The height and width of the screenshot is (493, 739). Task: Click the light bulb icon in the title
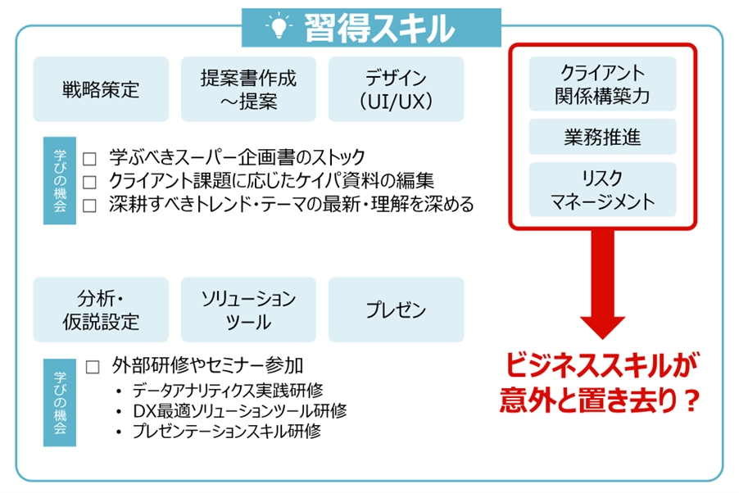click(x=279, y=28)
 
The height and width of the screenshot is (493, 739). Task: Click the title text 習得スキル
click(x=379, y=29)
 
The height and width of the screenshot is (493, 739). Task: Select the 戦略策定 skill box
click(x=101, y=89)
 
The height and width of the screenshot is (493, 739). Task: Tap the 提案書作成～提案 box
click(x=248, y=89)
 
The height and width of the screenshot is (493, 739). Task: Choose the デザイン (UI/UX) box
click(x=396, y=89)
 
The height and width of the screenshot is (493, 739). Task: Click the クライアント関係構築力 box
click(x=602, y=84)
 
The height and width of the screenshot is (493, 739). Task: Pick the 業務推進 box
click(x=602, y=137)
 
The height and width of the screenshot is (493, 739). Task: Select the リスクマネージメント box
click(x=602, y=189)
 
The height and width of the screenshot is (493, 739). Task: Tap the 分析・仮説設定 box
click(x=101, y=310)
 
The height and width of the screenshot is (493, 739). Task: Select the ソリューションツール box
click(x=248, y=310)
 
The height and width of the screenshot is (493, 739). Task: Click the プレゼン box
click(x=396, y=310)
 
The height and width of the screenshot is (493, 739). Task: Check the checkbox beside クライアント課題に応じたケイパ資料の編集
click(x=90, y=181)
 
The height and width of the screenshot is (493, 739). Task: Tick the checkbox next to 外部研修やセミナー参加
click(x=92, y=366)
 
